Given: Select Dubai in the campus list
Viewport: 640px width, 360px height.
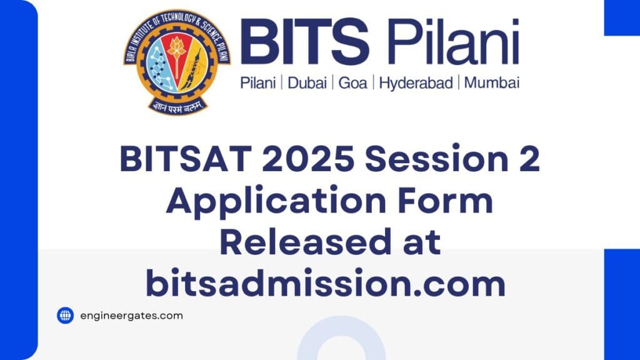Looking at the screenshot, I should (x=310, y=83).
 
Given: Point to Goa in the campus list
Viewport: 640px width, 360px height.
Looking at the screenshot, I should (x=352, y=83).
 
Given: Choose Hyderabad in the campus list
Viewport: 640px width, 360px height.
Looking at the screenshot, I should (x=416, y=83).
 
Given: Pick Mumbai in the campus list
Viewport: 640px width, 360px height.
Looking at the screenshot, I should (x=492, y=83).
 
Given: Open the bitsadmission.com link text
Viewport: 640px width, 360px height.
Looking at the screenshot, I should (x=325, y=284).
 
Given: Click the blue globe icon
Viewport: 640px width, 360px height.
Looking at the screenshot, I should (x=66, y=316).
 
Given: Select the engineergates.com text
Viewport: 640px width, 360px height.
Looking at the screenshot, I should (x=131, y=316).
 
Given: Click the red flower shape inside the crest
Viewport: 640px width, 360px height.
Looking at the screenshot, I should (x=177, y=47).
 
